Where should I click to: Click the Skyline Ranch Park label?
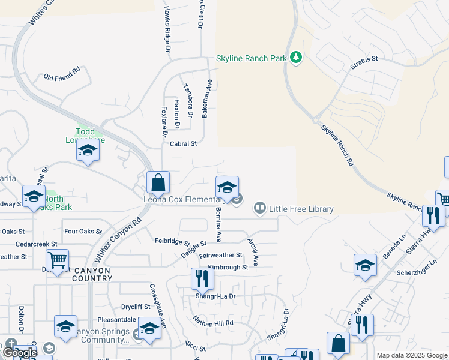click(251, 59)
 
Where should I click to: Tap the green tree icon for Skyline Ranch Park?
click(295, 58)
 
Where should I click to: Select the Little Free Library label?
click(301, 209)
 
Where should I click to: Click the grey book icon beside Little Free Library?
click(259, 208)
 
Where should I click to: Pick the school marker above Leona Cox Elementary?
click(227, 187)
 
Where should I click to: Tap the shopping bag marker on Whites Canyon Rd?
click(158, 182)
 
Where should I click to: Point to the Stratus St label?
click(365, 59)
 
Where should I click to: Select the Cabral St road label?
click(184, 144)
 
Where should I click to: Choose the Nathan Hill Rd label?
click(212, 322)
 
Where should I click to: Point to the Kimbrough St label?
click(228, 267)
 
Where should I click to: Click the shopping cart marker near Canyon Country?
click(57, 260)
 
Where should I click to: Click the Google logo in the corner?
click(19, 353)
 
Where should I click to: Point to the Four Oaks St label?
click(79, 231)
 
